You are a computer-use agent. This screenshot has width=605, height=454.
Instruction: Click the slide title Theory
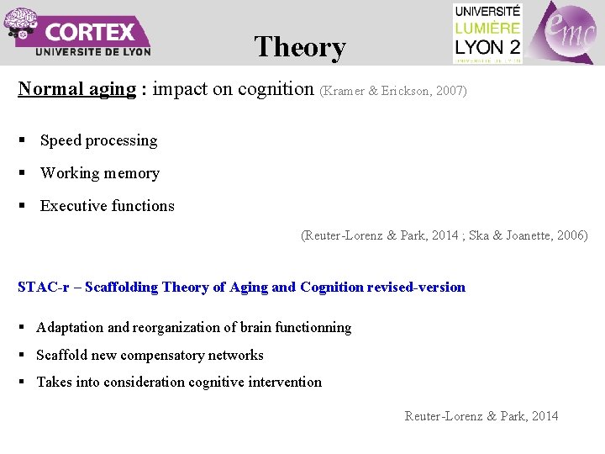click(300, 47)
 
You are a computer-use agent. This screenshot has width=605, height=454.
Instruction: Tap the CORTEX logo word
click(90, 33)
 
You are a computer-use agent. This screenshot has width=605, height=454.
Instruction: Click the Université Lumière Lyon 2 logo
click(487, 33)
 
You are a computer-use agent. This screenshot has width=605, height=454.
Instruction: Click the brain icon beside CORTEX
click(20, 24)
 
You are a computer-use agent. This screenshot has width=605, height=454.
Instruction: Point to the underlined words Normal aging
click(76, 89)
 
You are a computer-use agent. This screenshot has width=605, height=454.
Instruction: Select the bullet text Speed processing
click(98, 140)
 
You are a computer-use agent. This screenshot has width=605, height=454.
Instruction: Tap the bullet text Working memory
click(99, 173)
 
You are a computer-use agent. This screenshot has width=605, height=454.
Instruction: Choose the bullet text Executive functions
click(107, 206)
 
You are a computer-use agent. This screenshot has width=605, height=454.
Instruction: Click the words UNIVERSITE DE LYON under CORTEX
click(93, 51)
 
